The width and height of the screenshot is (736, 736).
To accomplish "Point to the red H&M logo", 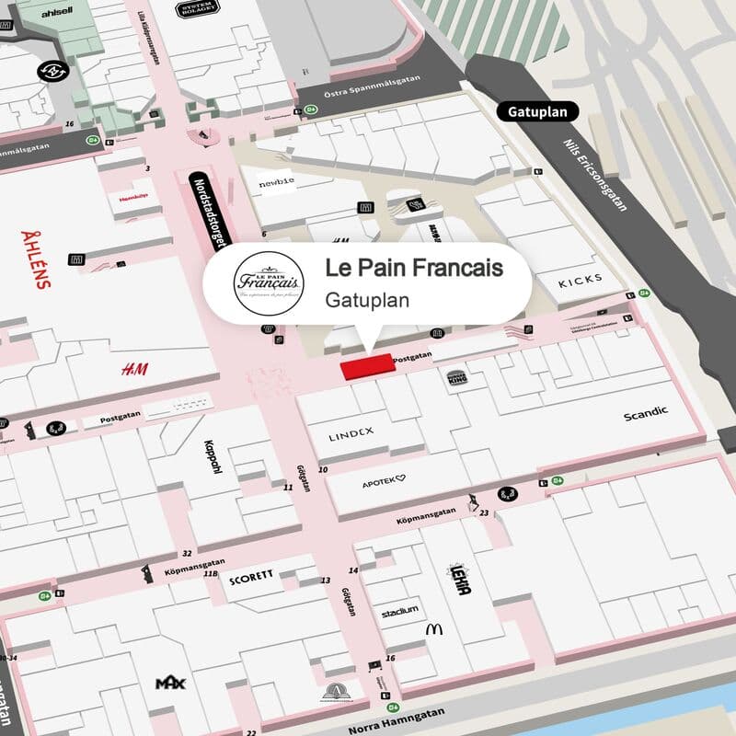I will point(134,369).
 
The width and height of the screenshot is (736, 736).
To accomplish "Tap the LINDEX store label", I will point(351,431).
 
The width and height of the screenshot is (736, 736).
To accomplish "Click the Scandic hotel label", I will point(646,413).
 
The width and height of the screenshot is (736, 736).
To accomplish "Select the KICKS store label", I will point(581,279).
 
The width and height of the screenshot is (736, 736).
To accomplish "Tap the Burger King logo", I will point(458,376).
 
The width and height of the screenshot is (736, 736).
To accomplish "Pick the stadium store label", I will point(399,610).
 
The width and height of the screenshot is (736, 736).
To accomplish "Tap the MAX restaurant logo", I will point(170,684).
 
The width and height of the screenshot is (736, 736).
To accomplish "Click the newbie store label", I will point(276,181).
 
